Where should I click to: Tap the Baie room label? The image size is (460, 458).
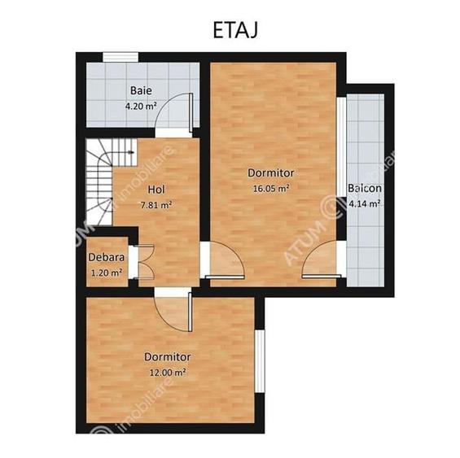click(x=140, y=90)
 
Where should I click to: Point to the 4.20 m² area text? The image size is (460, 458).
click(x=140, y=105)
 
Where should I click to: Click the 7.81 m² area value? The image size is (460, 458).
click(x=156, y=205)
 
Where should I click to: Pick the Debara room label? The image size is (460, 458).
click(x=106, y=258)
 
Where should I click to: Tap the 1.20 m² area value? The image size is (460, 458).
click(x=106, y=273)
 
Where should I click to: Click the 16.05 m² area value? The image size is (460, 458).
click(x=271, y=188)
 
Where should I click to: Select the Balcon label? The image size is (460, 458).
click(x=364, y=189)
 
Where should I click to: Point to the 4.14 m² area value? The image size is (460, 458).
click(x=364, y=203)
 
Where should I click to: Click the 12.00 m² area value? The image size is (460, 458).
click(x=168, y=372)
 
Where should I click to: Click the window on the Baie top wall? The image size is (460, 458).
click(x=120, y=56)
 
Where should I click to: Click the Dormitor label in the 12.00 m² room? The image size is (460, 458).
click(x=168, y=357)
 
